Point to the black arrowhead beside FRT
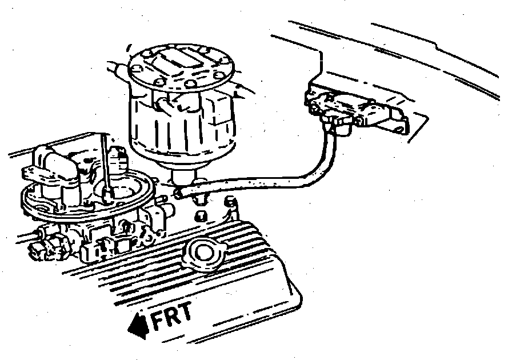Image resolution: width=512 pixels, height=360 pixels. [138, 325]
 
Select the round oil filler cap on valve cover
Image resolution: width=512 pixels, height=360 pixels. [203, 254]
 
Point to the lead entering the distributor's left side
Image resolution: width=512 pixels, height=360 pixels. [117, 69]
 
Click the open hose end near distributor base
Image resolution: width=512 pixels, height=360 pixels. [179, 194]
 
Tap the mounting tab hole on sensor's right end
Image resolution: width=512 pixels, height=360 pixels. [399, 130]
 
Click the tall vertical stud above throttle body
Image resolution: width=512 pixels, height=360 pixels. [105, 163]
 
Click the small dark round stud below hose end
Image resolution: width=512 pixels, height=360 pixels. [202, 215]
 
